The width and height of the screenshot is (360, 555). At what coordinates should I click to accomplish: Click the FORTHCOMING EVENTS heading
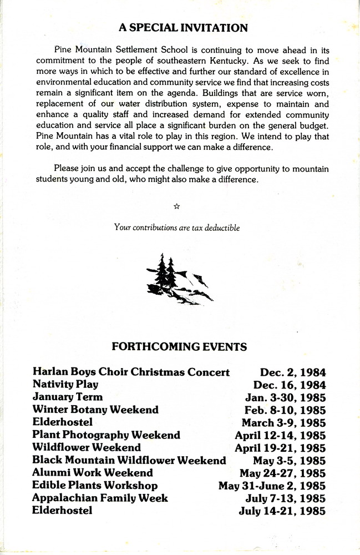click(179, 347)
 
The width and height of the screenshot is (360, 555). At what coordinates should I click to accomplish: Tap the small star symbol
click(176, 206)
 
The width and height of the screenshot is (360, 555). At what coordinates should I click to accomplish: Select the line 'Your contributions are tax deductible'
click(176, 227)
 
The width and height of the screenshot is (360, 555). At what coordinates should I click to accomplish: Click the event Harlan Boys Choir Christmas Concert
click(131, 372)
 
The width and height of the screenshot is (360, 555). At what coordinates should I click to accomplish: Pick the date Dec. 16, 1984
click(290, 385)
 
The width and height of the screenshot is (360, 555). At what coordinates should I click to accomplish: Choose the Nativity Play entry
click(65, 384)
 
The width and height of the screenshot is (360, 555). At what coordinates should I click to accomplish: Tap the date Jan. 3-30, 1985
click(285, 397)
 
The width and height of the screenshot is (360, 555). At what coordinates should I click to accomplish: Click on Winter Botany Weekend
click(95, 410)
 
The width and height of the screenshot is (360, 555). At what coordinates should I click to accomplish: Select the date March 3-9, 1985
click(283, 422)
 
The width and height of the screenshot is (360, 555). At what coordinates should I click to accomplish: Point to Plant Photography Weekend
click(106, 435)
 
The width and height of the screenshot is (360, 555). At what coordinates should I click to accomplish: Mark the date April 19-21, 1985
click(280, 447)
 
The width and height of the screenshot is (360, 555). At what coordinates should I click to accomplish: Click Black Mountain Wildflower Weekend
click(129, 460)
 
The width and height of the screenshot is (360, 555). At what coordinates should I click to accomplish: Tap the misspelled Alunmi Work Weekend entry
click(93, 473)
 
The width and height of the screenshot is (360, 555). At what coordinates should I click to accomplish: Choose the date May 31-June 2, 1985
click(272, 486)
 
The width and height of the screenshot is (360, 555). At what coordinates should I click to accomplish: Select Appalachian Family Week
click(100, 498)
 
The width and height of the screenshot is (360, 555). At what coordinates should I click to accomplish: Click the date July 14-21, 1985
click(282, 511)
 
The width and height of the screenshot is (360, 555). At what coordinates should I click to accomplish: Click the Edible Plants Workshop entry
click(95, 486)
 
